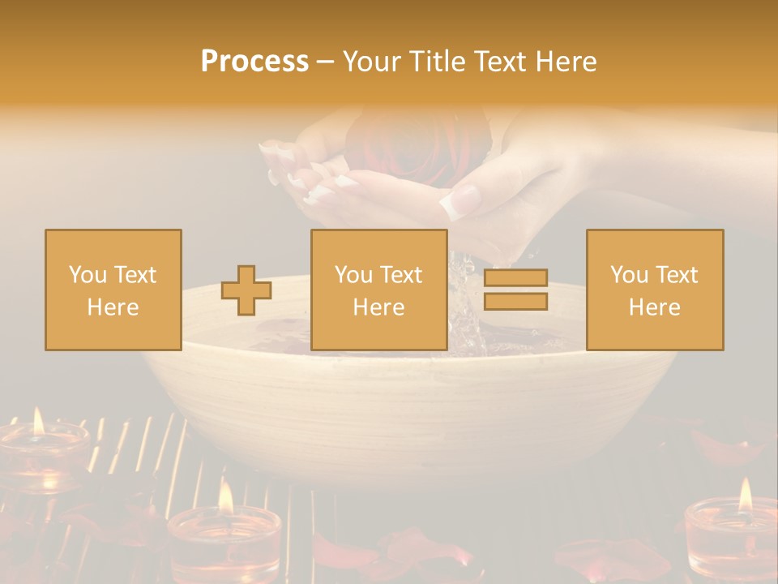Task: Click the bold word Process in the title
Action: pos(254,62)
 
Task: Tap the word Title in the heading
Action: pos(437,62)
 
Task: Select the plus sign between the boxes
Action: pos(246,290)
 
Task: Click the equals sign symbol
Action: pos(515,290)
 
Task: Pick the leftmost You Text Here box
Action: pos(113,290)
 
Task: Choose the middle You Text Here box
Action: pos(379,290)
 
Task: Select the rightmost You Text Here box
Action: pos(655,290)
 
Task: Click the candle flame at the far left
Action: pos(37,421)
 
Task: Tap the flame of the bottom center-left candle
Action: pos(226,496)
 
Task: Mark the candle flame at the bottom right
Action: pos(745,494)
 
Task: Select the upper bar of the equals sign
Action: pos(515,279)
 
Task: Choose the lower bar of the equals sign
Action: pos(515,301)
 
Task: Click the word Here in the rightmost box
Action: pos(655,307)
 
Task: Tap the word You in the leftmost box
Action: pos(86,275)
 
